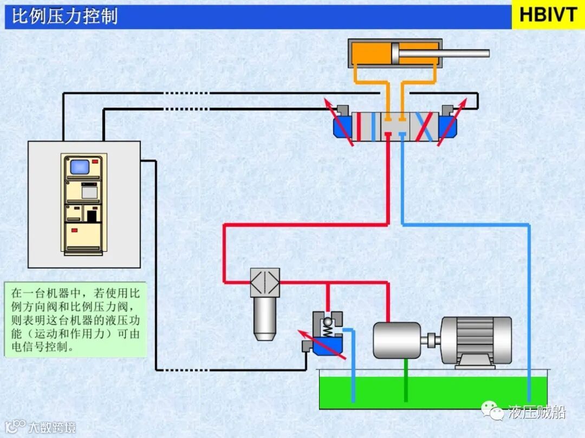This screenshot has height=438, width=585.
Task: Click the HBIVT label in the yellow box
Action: coord(548,15)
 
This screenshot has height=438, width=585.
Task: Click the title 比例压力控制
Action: coord(64,16)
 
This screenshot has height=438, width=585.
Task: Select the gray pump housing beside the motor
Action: coord(396,341)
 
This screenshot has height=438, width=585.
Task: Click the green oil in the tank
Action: coord(433,393)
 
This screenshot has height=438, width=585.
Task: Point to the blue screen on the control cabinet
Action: coord(80,166)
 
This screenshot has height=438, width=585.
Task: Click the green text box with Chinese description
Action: coord(75,319)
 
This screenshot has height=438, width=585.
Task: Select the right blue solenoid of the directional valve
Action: coord(448,128)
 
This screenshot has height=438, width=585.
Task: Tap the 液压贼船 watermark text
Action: coord(536,412)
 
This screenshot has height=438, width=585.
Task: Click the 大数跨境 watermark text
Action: coord(51,427)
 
